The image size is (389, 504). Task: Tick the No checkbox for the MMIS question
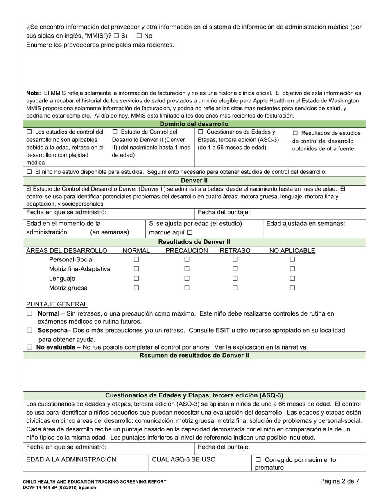(139, 36)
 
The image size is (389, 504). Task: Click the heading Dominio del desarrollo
(194, 124)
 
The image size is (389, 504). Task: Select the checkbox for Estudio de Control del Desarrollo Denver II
(115, 132)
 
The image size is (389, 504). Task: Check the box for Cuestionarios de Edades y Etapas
(201, 132)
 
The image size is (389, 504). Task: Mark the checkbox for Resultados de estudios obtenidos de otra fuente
(296, 133)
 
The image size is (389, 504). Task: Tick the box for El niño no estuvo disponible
(29, 172)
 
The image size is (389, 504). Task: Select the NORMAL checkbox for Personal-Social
(136, 259)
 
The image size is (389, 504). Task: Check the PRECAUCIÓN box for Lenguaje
(187, 278)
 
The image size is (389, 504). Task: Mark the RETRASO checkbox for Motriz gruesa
(235, 288)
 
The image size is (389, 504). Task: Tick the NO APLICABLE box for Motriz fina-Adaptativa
(292, 269)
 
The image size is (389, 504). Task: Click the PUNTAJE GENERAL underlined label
(57, 304)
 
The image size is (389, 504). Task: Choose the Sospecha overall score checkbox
(29, 330)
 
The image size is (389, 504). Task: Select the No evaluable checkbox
(29, 347)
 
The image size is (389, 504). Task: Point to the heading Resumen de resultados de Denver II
(194, 355)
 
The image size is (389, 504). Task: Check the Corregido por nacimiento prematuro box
(258, 460)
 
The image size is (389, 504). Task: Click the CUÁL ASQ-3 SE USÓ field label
(184, 459)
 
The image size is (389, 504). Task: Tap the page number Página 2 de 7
(340, 481)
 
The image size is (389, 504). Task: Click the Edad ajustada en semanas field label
(305, 224)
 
